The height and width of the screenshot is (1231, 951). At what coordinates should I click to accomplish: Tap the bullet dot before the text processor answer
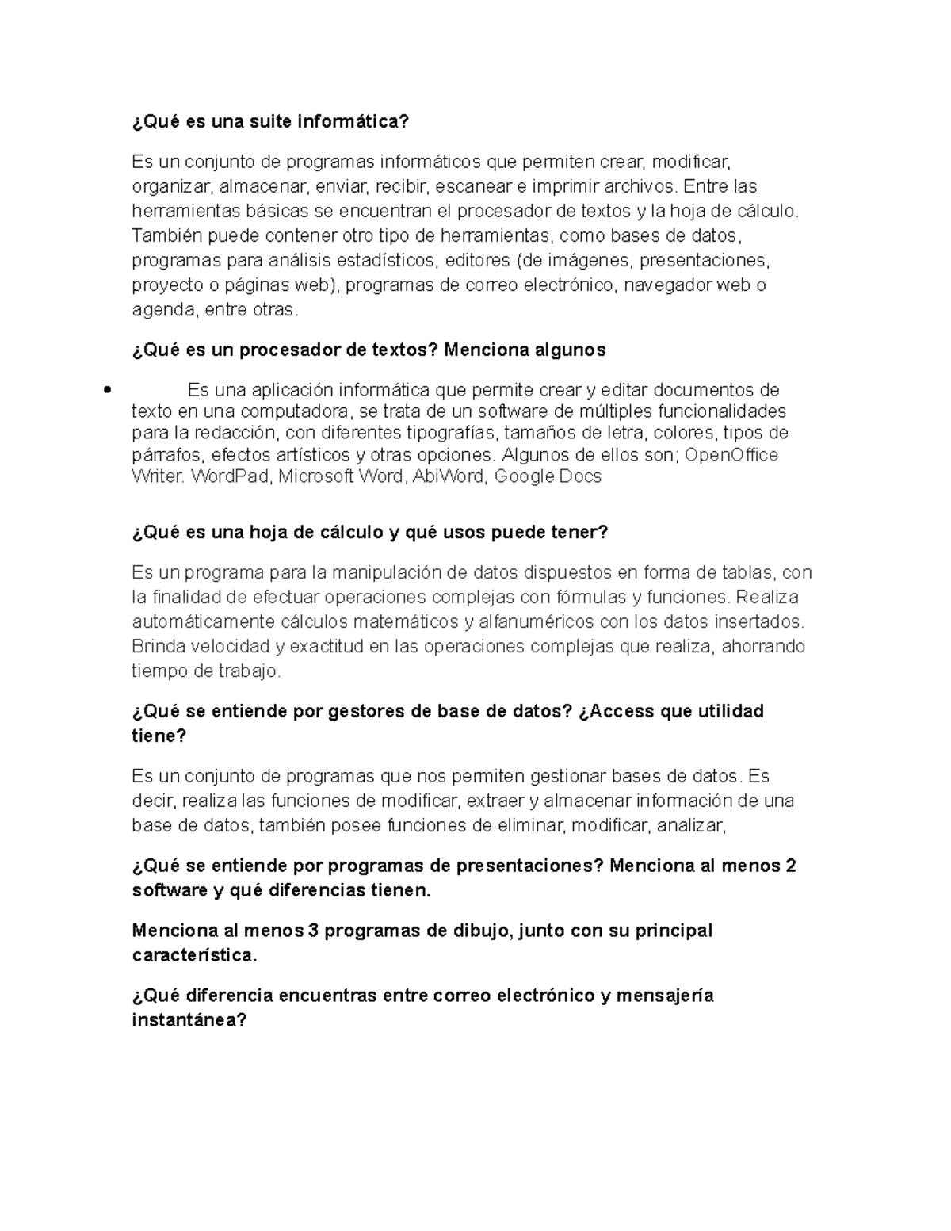tap(105, 389)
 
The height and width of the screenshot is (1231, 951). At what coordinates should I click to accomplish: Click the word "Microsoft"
tap(316, 476)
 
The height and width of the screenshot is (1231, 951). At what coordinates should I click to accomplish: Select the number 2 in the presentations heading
tap(789, 866)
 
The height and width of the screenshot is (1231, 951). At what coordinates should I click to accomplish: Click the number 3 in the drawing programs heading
tap(313, 931)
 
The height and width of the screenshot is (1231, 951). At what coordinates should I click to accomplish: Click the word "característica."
tap(195, 956)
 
